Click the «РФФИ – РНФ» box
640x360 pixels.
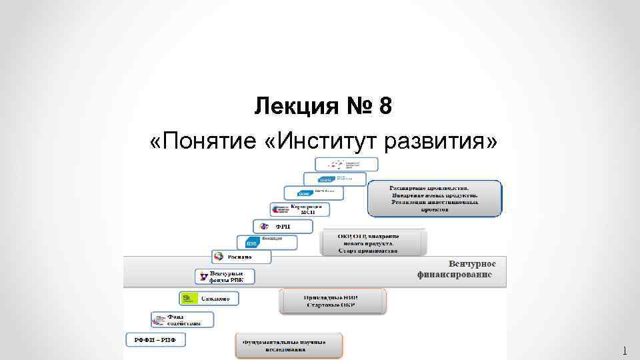(155, 339)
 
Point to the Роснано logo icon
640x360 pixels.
(219, 256)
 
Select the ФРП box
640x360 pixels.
(272, 227)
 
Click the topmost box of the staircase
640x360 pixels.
(346, 164)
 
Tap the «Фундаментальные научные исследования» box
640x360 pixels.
(288, 345)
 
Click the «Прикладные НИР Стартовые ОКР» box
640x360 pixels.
(331, 301)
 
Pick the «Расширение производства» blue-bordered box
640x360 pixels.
(434, 198)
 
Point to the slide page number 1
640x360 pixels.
(625, 351)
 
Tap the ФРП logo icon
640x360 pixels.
(264, 227)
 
